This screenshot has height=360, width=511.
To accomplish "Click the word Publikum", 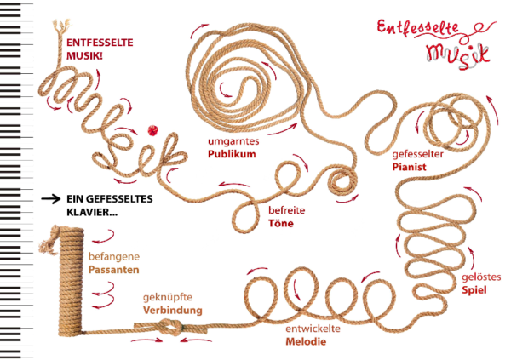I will tap(232, 155).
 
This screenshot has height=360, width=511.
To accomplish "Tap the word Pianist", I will tap(410, 167).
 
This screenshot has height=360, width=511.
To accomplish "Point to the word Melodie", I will tap(306, 341).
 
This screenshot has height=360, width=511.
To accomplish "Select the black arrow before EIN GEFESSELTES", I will tap(50, 199).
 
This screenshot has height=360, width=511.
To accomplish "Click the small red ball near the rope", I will tap(153, 129).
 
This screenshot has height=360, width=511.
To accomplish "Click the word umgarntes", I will tap(233, 140).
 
